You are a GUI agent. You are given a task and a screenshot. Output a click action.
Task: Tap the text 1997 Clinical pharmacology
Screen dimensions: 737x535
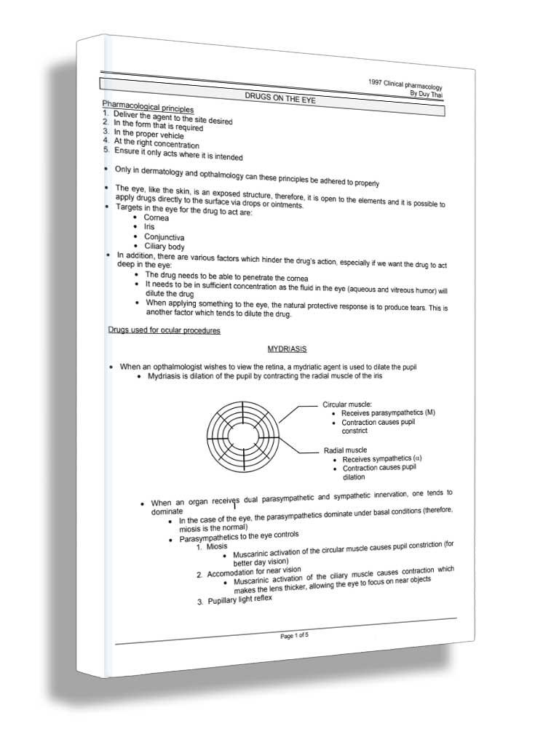pos(405,84)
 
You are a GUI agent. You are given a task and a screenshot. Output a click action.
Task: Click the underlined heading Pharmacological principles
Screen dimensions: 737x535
pos(148,108)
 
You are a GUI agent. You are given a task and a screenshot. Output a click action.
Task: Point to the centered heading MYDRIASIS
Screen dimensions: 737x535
pos(287,350)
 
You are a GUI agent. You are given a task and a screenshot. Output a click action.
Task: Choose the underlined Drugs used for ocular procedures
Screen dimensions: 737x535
pos(165,330)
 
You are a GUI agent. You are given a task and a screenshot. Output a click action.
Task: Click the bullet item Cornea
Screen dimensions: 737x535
pos(156,218)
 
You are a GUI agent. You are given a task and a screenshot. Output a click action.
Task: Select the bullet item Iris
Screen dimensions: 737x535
pos(149,227)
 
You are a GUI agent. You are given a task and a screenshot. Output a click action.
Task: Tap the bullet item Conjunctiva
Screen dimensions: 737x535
pos(164,237)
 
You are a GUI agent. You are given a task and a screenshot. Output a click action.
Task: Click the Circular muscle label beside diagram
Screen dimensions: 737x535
pos(347,404)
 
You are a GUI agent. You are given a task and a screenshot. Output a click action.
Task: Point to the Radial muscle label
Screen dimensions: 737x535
pos(345,450)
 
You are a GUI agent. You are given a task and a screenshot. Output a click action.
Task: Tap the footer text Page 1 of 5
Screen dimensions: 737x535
pos(296,635)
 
